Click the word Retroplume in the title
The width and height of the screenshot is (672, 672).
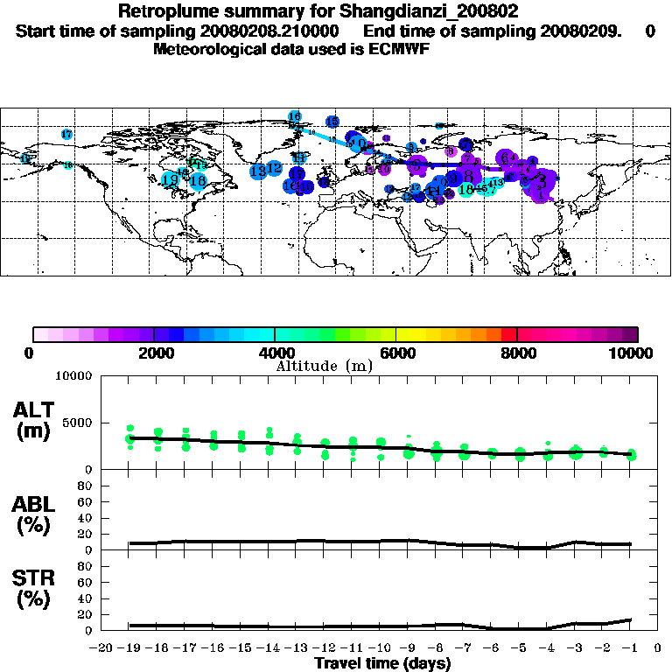point(161,11)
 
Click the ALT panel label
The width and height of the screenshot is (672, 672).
point(34,410)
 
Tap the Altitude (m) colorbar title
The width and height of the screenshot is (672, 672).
point(324,366)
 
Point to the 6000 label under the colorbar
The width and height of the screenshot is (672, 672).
point(396,353)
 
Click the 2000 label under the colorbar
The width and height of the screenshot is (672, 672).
point(154,353)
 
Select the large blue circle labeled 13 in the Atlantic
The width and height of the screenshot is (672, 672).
point(258,171)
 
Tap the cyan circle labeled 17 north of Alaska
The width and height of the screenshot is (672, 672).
point(66,134)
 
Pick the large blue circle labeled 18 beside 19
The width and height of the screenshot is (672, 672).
point(198,181)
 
